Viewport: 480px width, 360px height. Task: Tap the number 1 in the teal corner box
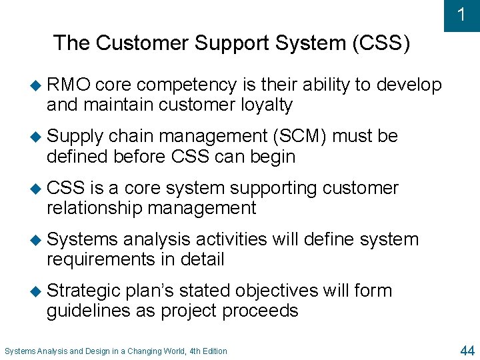pyautogui.click(x=461, y=14)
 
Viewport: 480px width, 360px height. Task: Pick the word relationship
pyautogui.click(x=94, y=208)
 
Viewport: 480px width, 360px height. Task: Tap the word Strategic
pyautogui.click(x=84, y=291)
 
